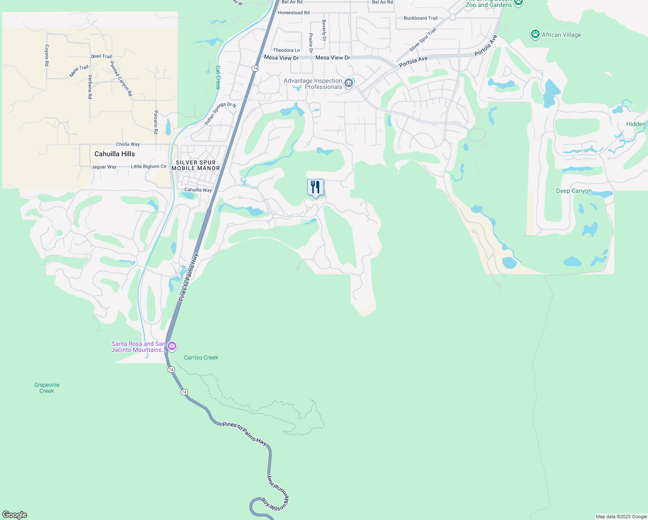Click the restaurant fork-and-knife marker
315,187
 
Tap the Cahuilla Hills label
114,154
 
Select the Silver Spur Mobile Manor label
196,165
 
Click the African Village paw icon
535,35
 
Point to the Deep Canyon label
573,191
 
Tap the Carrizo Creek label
201,357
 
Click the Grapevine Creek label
47,388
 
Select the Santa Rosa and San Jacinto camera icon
172,346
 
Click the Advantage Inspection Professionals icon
349,82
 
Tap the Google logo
15,515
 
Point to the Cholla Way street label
128,144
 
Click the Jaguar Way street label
104,167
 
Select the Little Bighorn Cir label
149,166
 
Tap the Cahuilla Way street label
198,190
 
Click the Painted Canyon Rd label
121,78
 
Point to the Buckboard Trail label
421,18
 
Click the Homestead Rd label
294,13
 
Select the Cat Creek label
218,77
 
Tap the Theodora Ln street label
286,50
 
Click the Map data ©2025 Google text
621,517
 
